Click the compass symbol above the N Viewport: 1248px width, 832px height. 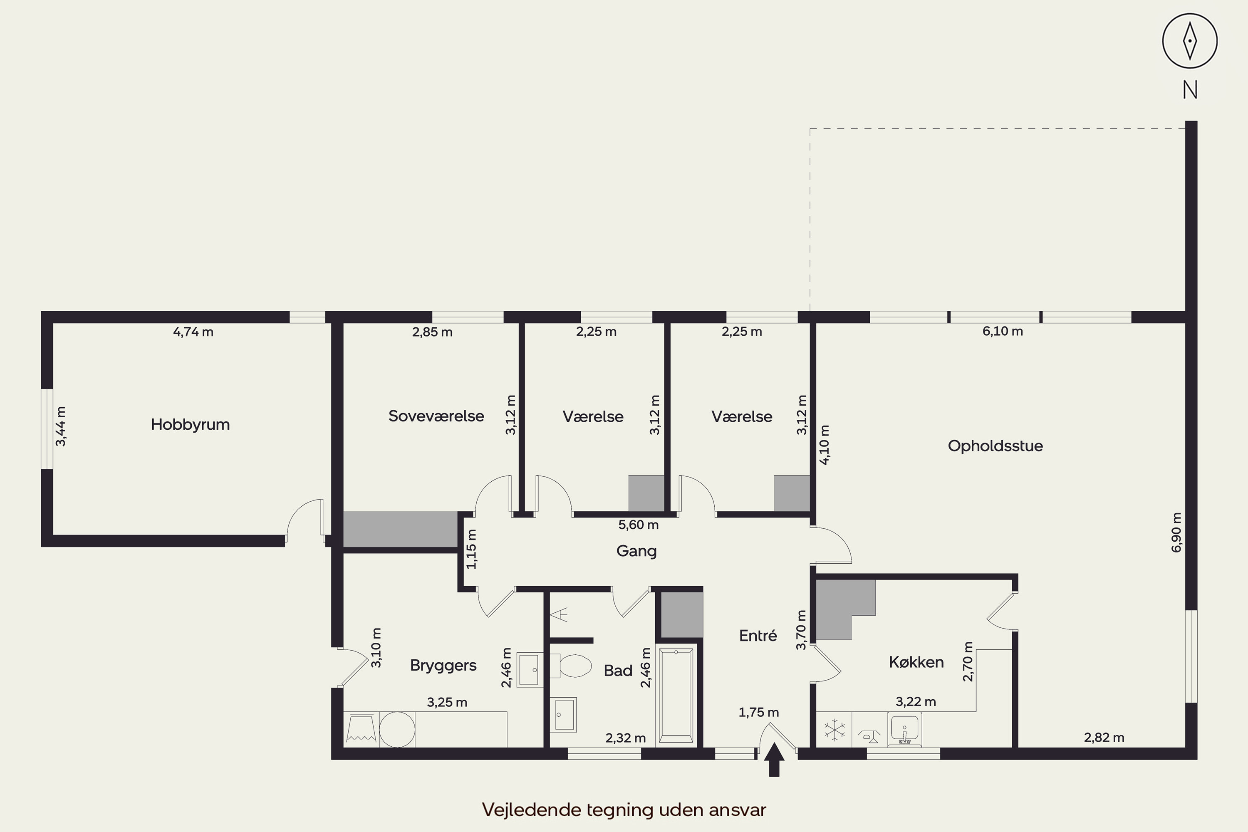[1190, 41]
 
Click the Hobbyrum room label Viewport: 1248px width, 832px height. [190, 424]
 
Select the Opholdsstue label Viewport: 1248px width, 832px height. [995, 446]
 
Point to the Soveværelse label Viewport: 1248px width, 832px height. [436, 416]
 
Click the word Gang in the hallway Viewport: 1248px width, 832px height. [636, 551]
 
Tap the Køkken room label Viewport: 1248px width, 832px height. [916, 662]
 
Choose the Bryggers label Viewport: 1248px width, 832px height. [443, 665]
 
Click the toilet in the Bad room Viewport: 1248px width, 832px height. [571, 665]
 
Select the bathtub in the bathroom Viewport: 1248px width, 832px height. [676, 695]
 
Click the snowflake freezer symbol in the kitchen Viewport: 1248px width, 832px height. [834, 730]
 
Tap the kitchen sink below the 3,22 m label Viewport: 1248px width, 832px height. [905, 730]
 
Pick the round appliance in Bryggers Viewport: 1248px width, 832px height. [397, 730]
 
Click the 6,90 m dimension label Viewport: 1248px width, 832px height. [1176, 532]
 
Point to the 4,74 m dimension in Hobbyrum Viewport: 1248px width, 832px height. [193, 332]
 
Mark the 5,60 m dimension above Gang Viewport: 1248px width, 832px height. [638, 525]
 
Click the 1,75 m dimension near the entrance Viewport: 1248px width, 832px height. [759, 712]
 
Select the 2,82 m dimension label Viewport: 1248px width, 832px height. [1104, 737]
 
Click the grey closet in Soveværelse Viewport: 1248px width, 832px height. [401, 529]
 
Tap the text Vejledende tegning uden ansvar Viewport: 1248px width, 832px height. [624, 810]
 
